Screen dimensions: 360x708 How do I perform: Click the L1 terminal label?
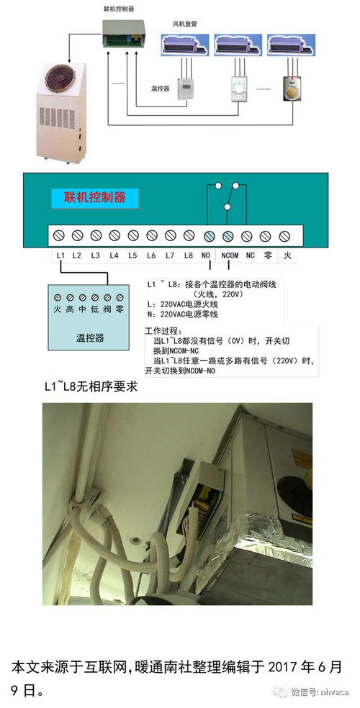pyautogui.click(x=61, y=255)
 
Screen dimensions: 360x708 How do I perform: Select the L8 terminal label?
pyautogui.click(x=189, y=255)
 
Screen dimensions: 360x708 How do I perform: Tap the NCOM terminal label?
pyautogui.click(x=230, y=255)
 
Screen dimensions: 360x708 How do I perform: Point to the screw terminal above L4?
pyautogui.click(x=114, y=235)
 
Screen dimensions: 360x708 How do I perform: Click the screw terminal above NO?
pyautogui.click(x=208, y=235)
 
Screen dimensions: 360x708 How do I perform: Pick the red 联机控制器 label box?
pyautogui.click(x=95, y=198)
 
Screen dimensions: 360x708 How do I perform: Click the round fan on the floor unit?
pyautogui.click(x=58, y=78)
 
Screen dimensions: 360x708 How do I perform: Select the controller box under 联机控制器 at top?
pyautogui.click(x=119, y=35)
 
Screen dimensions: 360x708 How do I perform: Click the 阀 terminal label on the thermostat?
pyautogui.click(x=107, y=309)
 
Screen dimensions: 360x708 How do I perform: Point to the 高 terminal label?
pyautogui.click(x=70, y=309)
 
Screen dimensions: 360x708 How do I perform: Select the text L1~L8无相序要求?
pyautogui.click(x=90, y=386)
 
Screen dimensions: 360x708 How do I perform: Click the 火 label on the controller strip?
pyautogui.click(x=287, y=255)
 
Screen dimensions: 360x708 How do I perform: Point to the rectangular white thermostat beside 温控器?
pyautogui.click(x=185, y=88)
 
